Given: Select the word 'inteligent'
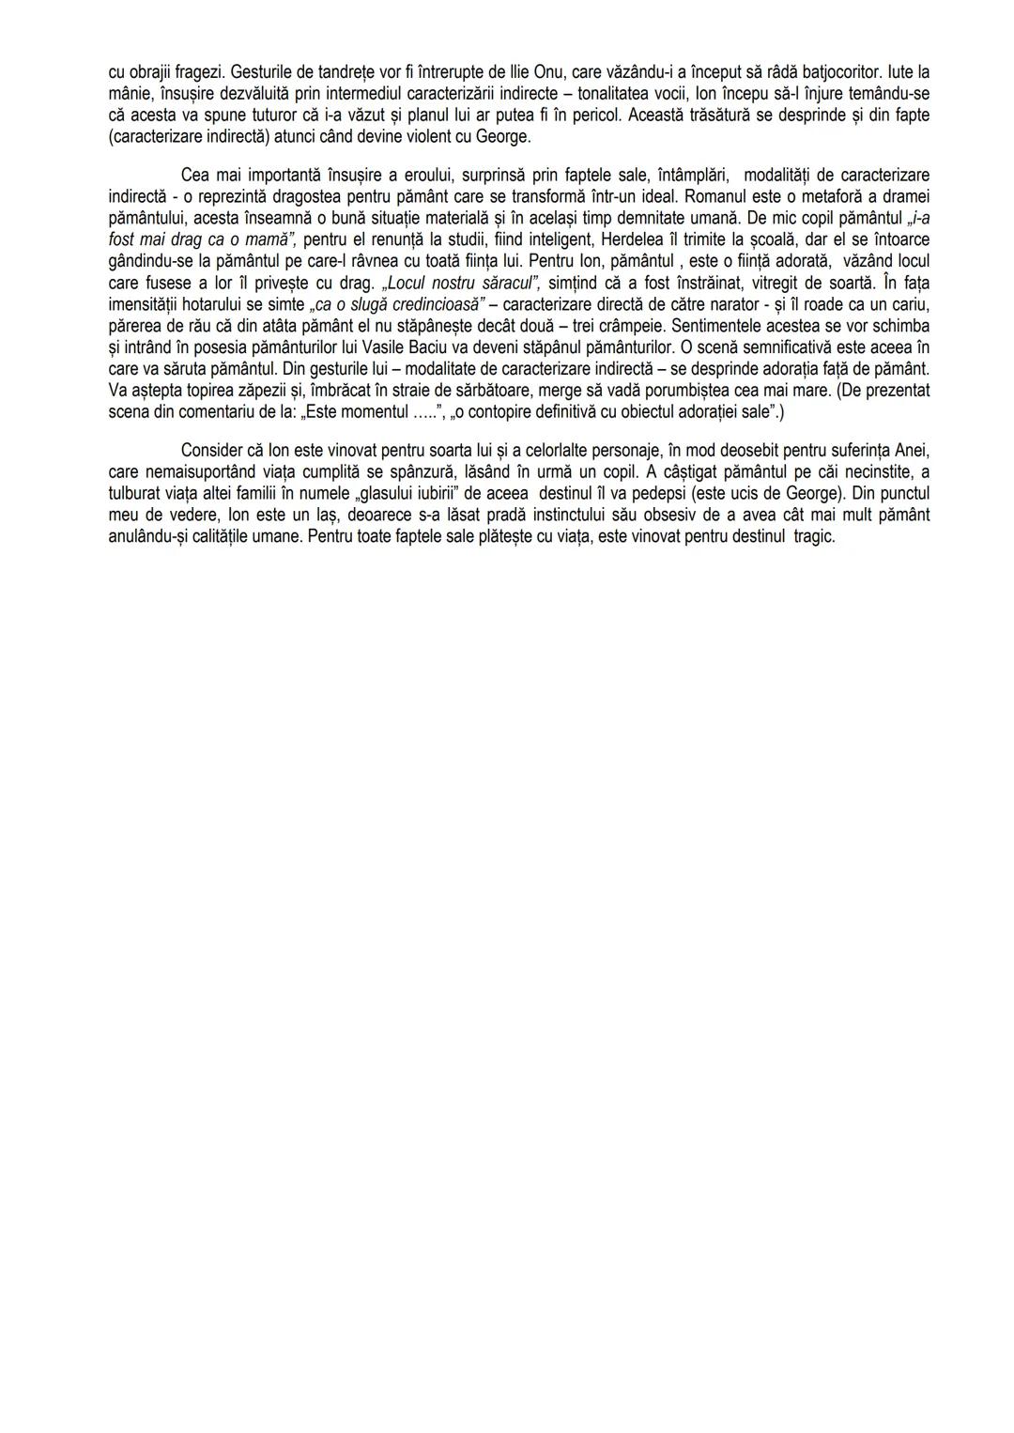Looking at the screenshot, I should [x=560, y=239].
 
